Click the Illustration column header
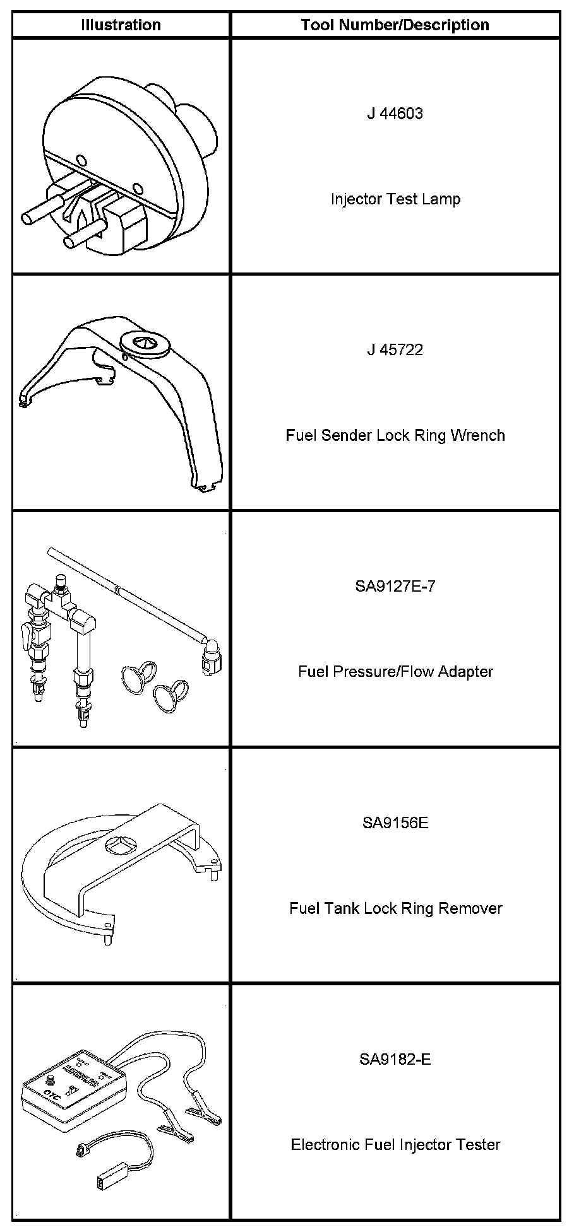coord(121,25)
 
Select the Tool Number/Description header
coord(395,25)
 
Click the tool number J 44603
coord(395,114)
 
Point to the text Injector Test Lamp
coord(395,199)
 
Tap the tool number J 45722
coord(395,350)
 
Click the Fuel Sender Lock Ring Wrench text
coord(395,435)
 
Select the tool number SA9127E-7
coord(395,587)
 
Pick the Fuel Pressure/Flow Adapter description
coord(395,672)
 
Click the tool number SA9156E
coord(395,823)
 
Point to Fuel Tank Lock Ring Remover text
coord(395,908)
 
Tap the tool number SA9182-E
coord(395,1059)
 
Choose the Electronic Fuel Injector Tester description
coord(395,1144)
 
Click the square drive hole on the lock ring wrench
coord(143,343)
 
